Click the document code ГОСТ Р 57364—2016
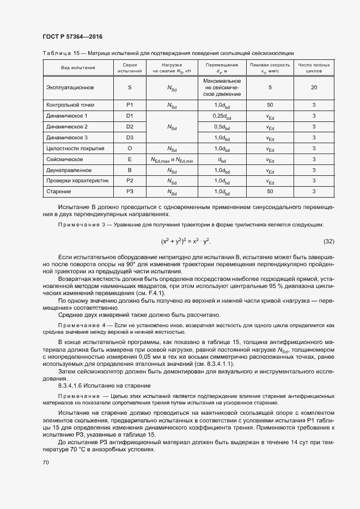(72, 36)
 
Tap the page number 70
(45, 462)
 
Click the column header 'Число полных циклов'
(314, 68)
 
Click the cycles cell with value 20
(314, 87)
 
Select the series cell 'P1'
(130, 105)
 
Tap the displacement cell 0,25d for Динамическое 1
(222, 116)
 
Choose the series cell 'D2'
(130, 127)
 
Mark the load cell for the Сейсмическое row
(172, 160)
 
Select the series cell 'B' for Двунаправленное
(130, 170)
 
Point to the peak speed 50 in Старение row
(270, 192)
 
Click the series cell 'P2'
(130, 181)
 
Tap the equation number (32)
(328, 241)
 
